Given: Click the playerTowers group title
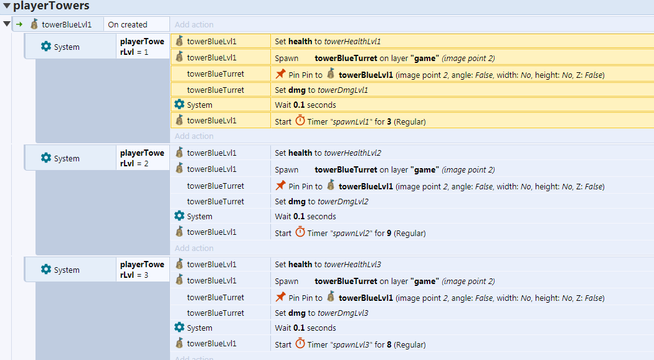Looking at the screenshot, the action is coord(51,6).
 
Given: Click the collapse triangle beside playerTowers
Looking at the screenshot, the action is coord(7,6).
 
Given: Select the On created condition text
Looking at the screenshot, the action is coord(128,25).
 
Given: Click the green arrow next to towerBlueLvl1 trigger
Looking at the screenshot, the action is coord(19,24).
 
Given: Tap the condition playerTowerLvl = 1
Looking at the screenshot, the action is coord(142,47).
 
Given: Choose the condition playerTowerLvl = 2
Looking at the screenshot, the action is coord(142,158).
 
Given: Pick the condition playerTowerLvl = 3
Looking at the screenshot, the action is coord(142,270).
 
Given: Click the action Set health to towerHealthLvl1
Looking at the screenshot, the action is coord(328,41).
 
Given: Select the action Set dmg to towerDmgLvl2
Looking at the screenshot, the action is coord(321,201).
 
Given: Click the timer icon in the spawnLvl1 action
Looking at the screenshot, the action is coord(300,121).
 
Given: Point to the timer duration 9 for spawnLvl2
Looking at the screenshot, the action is coord(389,233).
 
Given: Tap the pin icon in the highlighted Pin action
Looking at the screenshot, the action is coord(281,74).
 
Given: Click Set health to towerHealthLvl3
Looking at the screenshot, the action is coord(328,265).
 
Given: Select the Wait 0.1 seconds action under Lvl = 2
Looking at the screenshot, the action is coord(305,217).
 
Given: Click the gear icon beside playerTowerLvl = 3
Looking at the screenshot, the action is coord(46,270).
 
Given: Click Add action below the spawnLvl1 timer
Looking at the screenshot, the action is coord(194,136).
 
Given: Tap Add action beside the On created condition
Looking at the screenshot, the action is coord(194,25).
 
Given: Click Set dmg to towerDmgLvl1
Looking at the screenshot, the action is coord(321,90).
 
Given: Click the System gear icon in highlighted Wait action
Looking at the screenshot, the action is coord(179,104).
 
